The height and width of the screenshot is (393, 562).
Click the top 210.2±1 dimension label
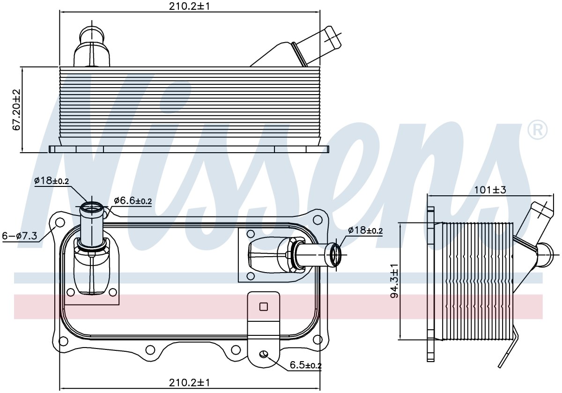(x=189, y=6)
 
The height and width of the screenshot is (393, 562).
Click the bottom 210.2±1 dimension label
(x=189, y=383)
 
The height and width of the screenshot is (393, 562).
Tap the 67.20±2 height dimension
(x=16, y=110)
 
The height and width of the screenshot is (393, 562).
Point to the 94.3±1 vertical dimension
(x=395, y=281)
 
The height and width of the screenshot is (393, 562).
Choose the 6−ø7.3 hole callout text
(x=20, y=236)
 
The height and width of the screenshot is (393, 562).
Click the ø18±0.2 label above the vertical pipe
(x=52, y=180)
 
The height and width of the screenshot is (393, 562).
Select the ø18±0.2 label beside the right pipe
(x=365, y=230)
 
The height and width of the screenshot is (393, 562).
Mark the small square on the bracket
(x=263, y=307)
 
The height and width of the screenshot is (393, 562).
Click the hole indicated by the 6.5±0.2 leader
(x=263, y=354)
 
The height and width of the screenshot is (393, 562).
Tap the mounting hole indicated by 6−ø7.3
(x=60, y=222)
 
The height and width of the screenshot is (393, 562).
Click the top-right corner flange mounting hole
(x=318, y=220)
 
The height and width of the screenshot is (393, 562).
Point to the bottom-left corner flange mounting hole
(x=63, y=341)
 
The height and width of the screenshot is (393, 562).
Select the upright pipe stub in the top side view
(x=92, y=46)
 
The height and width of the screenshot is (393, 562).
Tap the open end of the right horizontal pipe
(x=336, y=254)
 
